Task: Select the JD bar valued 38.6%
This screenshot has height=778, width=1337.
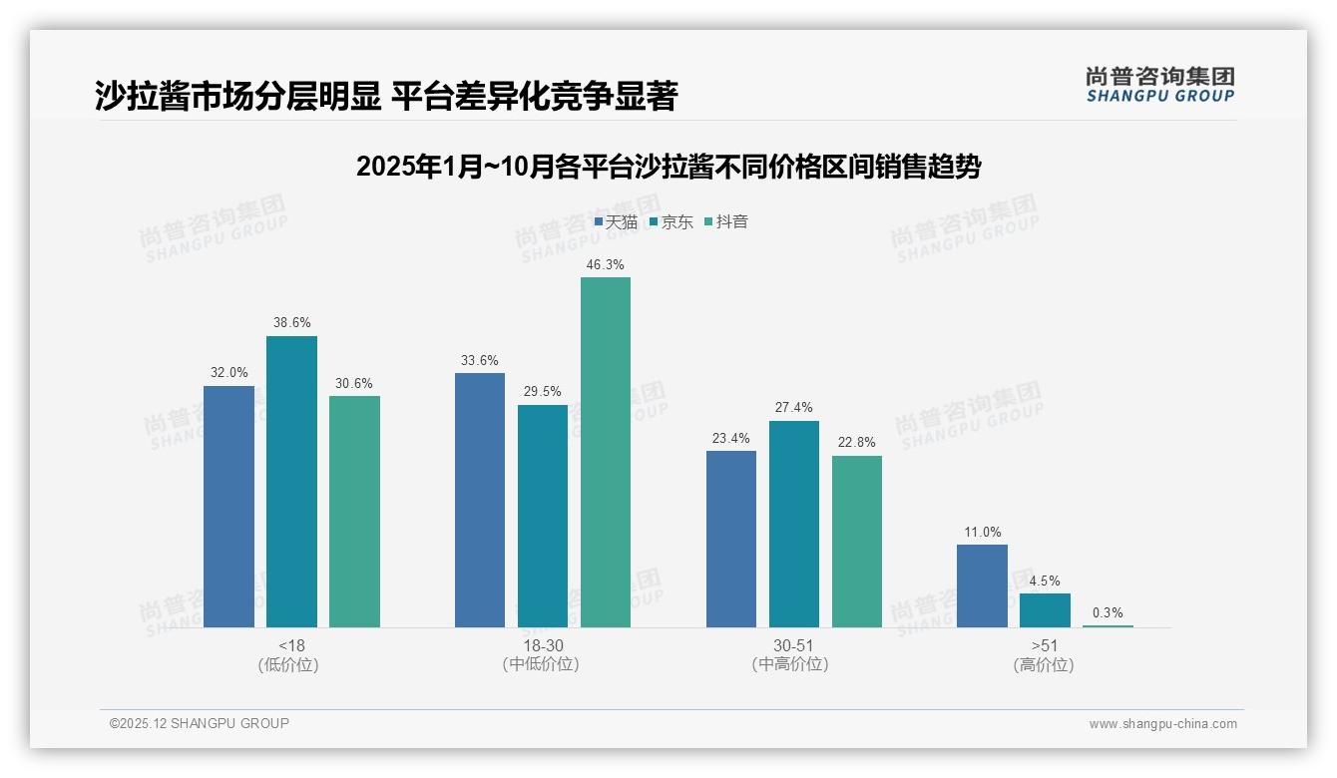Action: coord(291,482)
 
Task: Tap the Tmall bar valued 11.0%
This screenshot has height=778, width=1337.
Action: coord(982,585)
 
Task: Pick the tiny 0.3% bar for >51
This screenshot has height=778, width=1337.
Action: coord(1108,625)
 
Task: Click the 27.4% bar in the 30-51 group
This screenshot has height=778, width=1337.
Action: coord(794,524)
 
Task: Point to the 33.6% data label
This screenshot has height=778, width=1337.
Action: coord(480,361)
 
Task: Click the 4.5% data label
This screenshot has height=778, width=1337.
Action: coord(1045,582)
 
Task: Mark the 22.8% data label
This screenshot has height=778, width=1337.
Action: coord(857,444)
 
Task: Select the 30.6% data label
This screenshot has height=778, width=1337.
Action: coord(354,384)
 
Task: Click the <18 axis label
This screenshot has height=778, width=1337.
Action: coord(291,645)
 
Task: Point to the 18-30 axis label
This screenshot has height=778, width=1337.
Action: coord(543,645)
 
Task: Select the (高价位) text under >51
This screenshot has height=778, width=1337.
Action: coord(1045,665)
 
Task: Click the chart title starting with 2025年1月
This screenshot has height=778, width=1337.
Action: coord(668,167)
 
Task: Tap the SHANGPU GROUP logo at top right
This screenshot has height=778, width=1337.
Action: coord(1159,85)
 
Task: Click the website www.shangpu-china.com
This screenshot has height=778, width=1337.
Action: coord(1162,724)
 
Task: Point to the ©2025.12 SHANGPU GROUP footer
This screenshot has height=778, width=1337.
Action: coord(200,724)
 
